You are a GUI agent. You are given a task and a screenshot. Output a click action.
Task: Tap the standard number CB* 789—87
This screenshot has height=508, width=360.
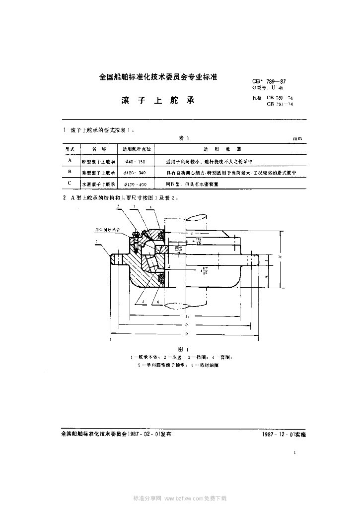pos(269,81)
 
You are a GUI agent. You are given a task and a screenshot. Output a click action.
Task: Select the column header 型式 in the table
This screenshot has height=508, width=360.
pos(70,148)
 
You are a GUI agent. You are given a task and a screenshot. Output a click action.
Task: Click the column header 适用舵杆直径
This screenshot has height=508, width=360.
pos(137,148)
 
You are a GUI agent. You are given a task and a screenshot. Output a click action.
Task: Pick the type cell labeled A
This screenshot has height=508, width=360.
pos(70,161)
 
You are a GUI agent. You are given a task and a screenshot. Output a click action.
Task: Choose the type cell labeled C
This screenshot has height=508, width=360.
pos(70,184)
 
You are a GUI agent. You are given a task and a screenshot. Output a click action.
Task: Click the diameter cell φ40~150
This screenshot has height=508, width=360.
pos(135,162)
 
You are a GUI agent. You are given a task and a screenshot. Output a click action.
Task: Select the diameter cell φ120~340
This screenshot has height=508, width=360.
pos(136,173)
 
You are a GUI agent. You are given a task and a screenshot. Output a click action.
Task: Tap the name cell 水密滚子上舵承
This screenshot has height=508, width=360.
pos(98,184)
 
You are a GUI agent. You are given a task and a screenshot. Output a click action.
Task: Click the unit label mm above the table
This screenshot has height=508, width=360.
pos(297,139)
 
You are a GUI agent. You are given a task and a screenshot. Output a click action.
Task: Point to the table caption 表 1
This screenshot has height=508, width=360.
pos(184,139)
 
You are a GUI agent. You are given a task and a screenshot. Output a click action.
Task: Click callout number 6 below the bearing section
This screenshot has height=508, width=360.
pos(158,301)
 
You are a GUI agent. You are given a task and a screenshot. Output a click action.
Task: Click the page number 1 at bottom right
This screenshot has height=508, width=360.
pos(294,452)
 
